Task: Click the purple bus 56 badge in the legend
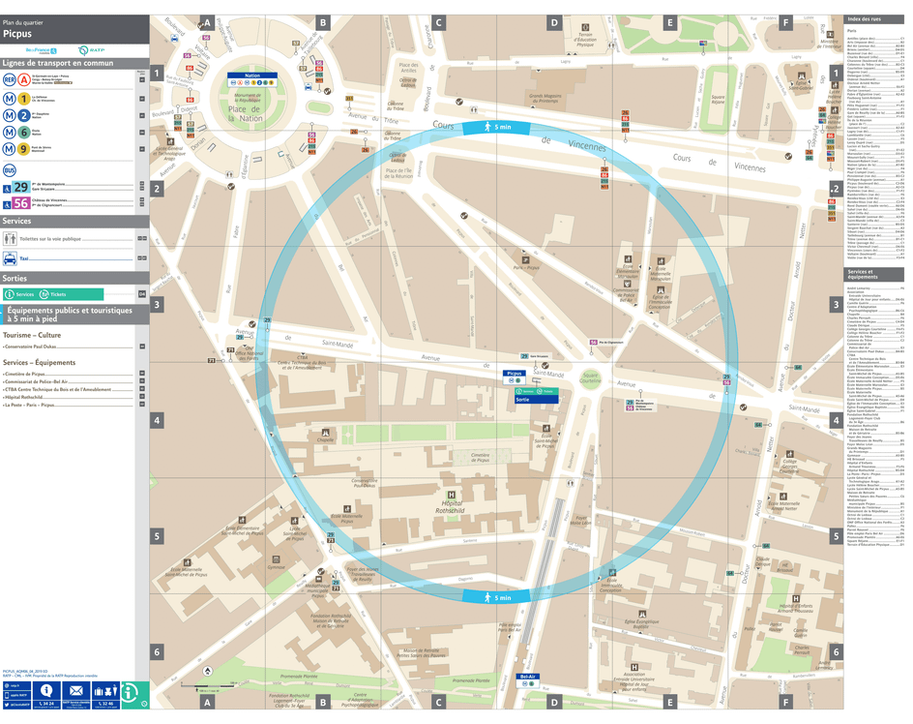point(20,202)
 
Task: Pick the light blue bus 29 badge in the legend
point(20,186)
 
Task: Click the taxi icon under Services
point(11,258)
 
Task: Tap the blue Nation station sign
point(252,75)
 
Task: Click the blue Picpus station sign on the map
point(514,373)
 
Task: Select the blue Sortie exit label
point(523,399)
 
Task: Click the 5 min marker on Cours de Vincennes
point(496,128)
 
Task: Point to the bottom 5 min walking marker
point(496,598)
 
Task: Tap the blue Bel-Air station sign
point(528,677)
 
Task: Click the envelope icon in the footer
point(76,691)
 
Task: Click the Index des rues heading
point(864,19)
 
